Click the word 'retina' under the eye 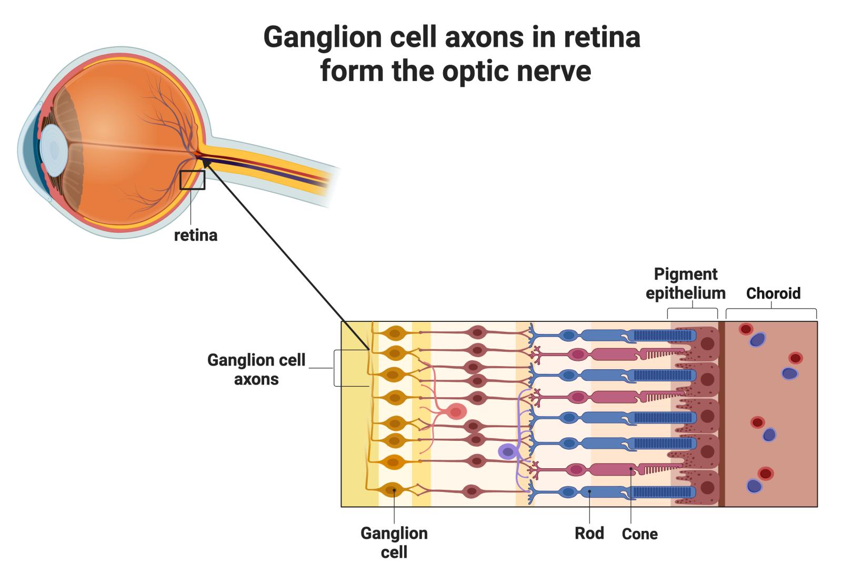195,235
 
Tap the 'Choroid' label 773,293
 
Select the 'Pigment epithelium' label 685,283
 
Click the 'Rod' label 589,533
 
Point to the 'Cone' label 639,534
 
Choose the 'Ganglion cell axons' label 256,369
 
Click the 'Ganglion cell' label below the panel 394,542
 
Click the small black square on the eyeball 192,180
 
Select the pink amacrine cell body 456,411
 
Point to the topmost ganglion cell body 394,333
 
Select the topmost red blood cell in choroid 746,329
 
